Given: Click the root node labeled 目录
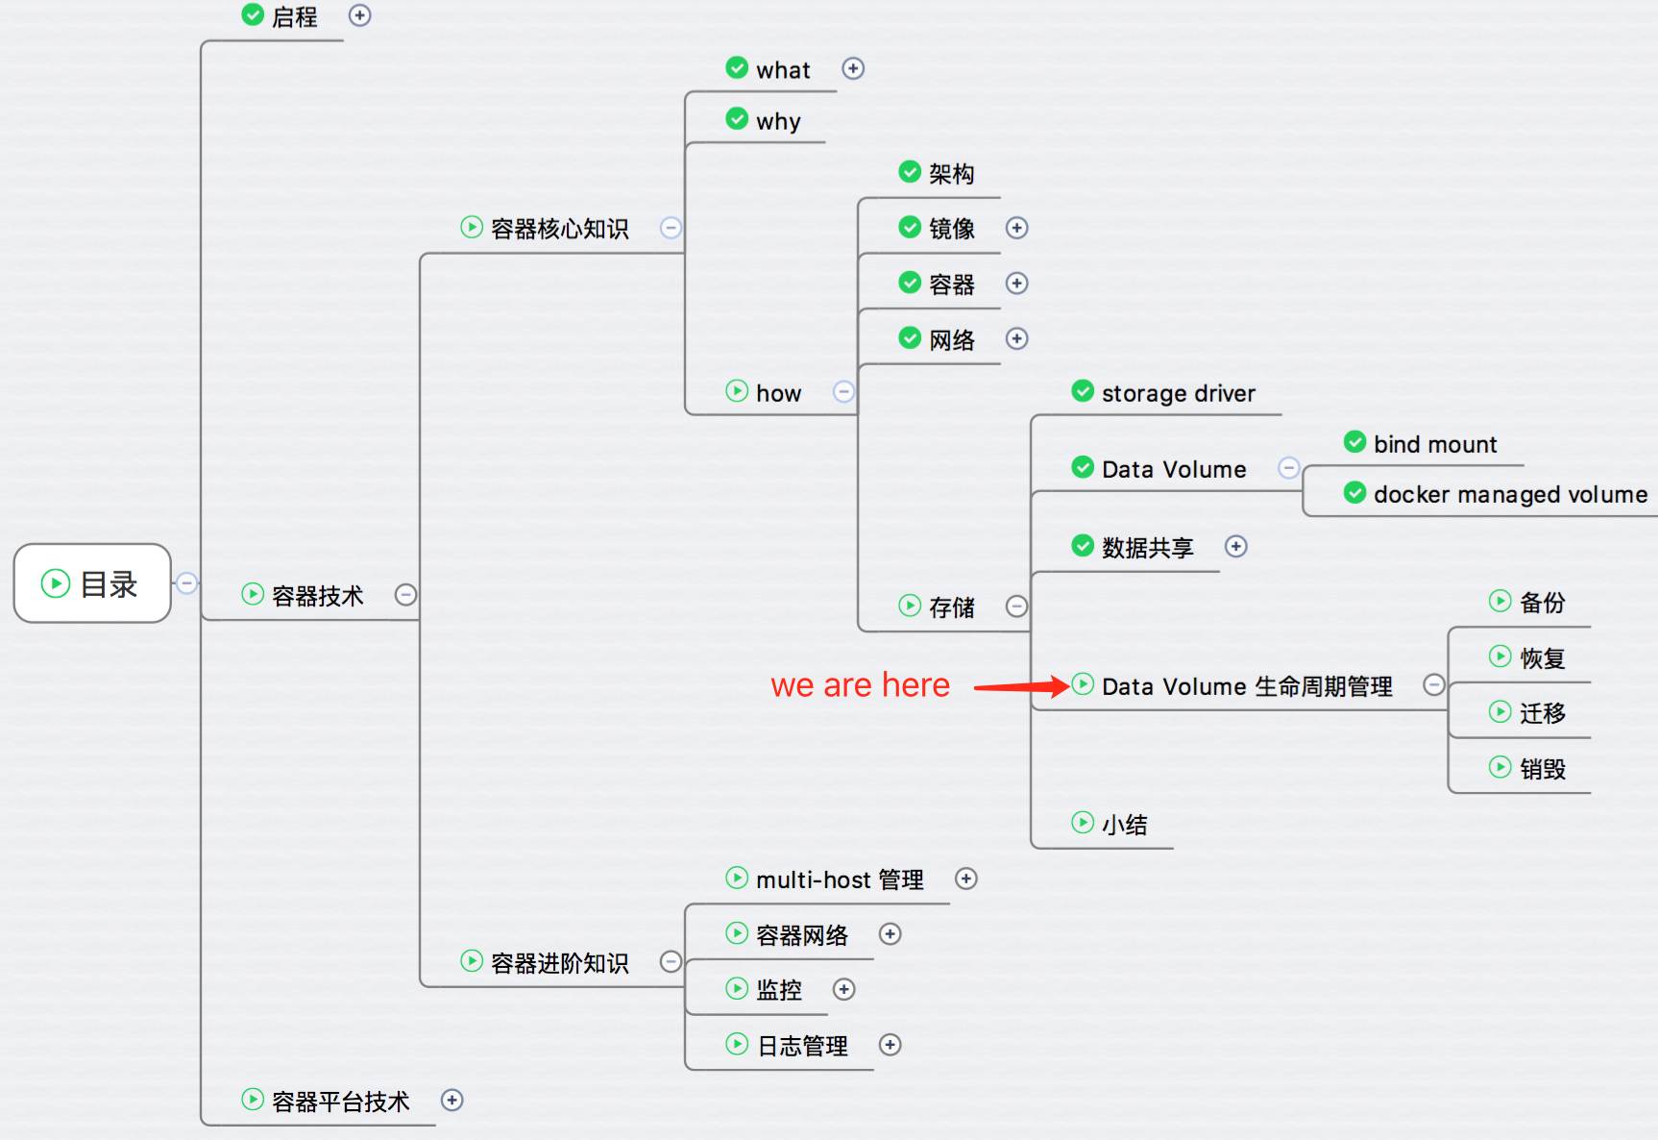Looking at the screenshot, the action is (x=92, y=583).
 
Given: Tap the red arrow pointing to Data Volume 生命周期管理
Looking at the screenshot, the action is (x=1021, y=686).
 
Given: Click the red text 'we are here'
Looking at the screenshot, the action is (x=860, y=685).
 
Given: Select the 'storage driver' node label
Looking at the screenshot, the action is (x=1179, y=393).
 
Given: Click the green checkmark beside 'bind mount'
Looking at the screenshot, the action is (x=1354, y=442).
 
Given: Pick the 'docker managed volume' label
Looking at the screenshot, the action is (x=1510, y=494).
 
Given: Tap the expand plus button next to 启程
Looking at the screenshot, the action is (x=359, y=15).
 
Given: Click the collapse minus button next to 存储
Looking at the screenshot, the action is (x=1016, y=606).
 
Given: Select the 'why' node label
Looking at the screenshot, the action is (x=778, y=122).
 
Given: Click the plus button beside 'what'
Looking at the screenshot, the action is (x=853, y=68).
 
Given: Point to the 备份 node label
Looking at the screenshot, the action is (x=1543, y=603).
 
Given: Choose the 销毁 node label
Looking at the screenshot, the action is (x=1543, y=769).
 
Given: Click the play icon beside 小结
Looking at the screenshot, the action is (x=1083, y=822).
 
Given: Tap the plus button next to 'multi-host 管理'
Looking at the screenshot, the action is (x=966, y=879).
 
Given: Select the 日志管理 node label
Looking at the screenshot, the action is (x=802, y=1046).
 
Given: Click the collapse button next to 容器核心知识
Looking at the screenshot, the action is (x=671, y=228).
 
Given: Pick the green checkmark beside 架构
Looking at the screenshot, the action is (x=910, y=171).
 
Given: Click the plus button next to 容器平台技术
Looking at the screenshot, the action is (x=451, y=1100).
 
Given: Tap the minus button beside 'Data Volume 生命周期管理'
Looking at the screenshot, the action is (x=1434, y=684).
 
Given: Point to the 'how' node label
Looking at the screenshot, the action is (x=778, y=393).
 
